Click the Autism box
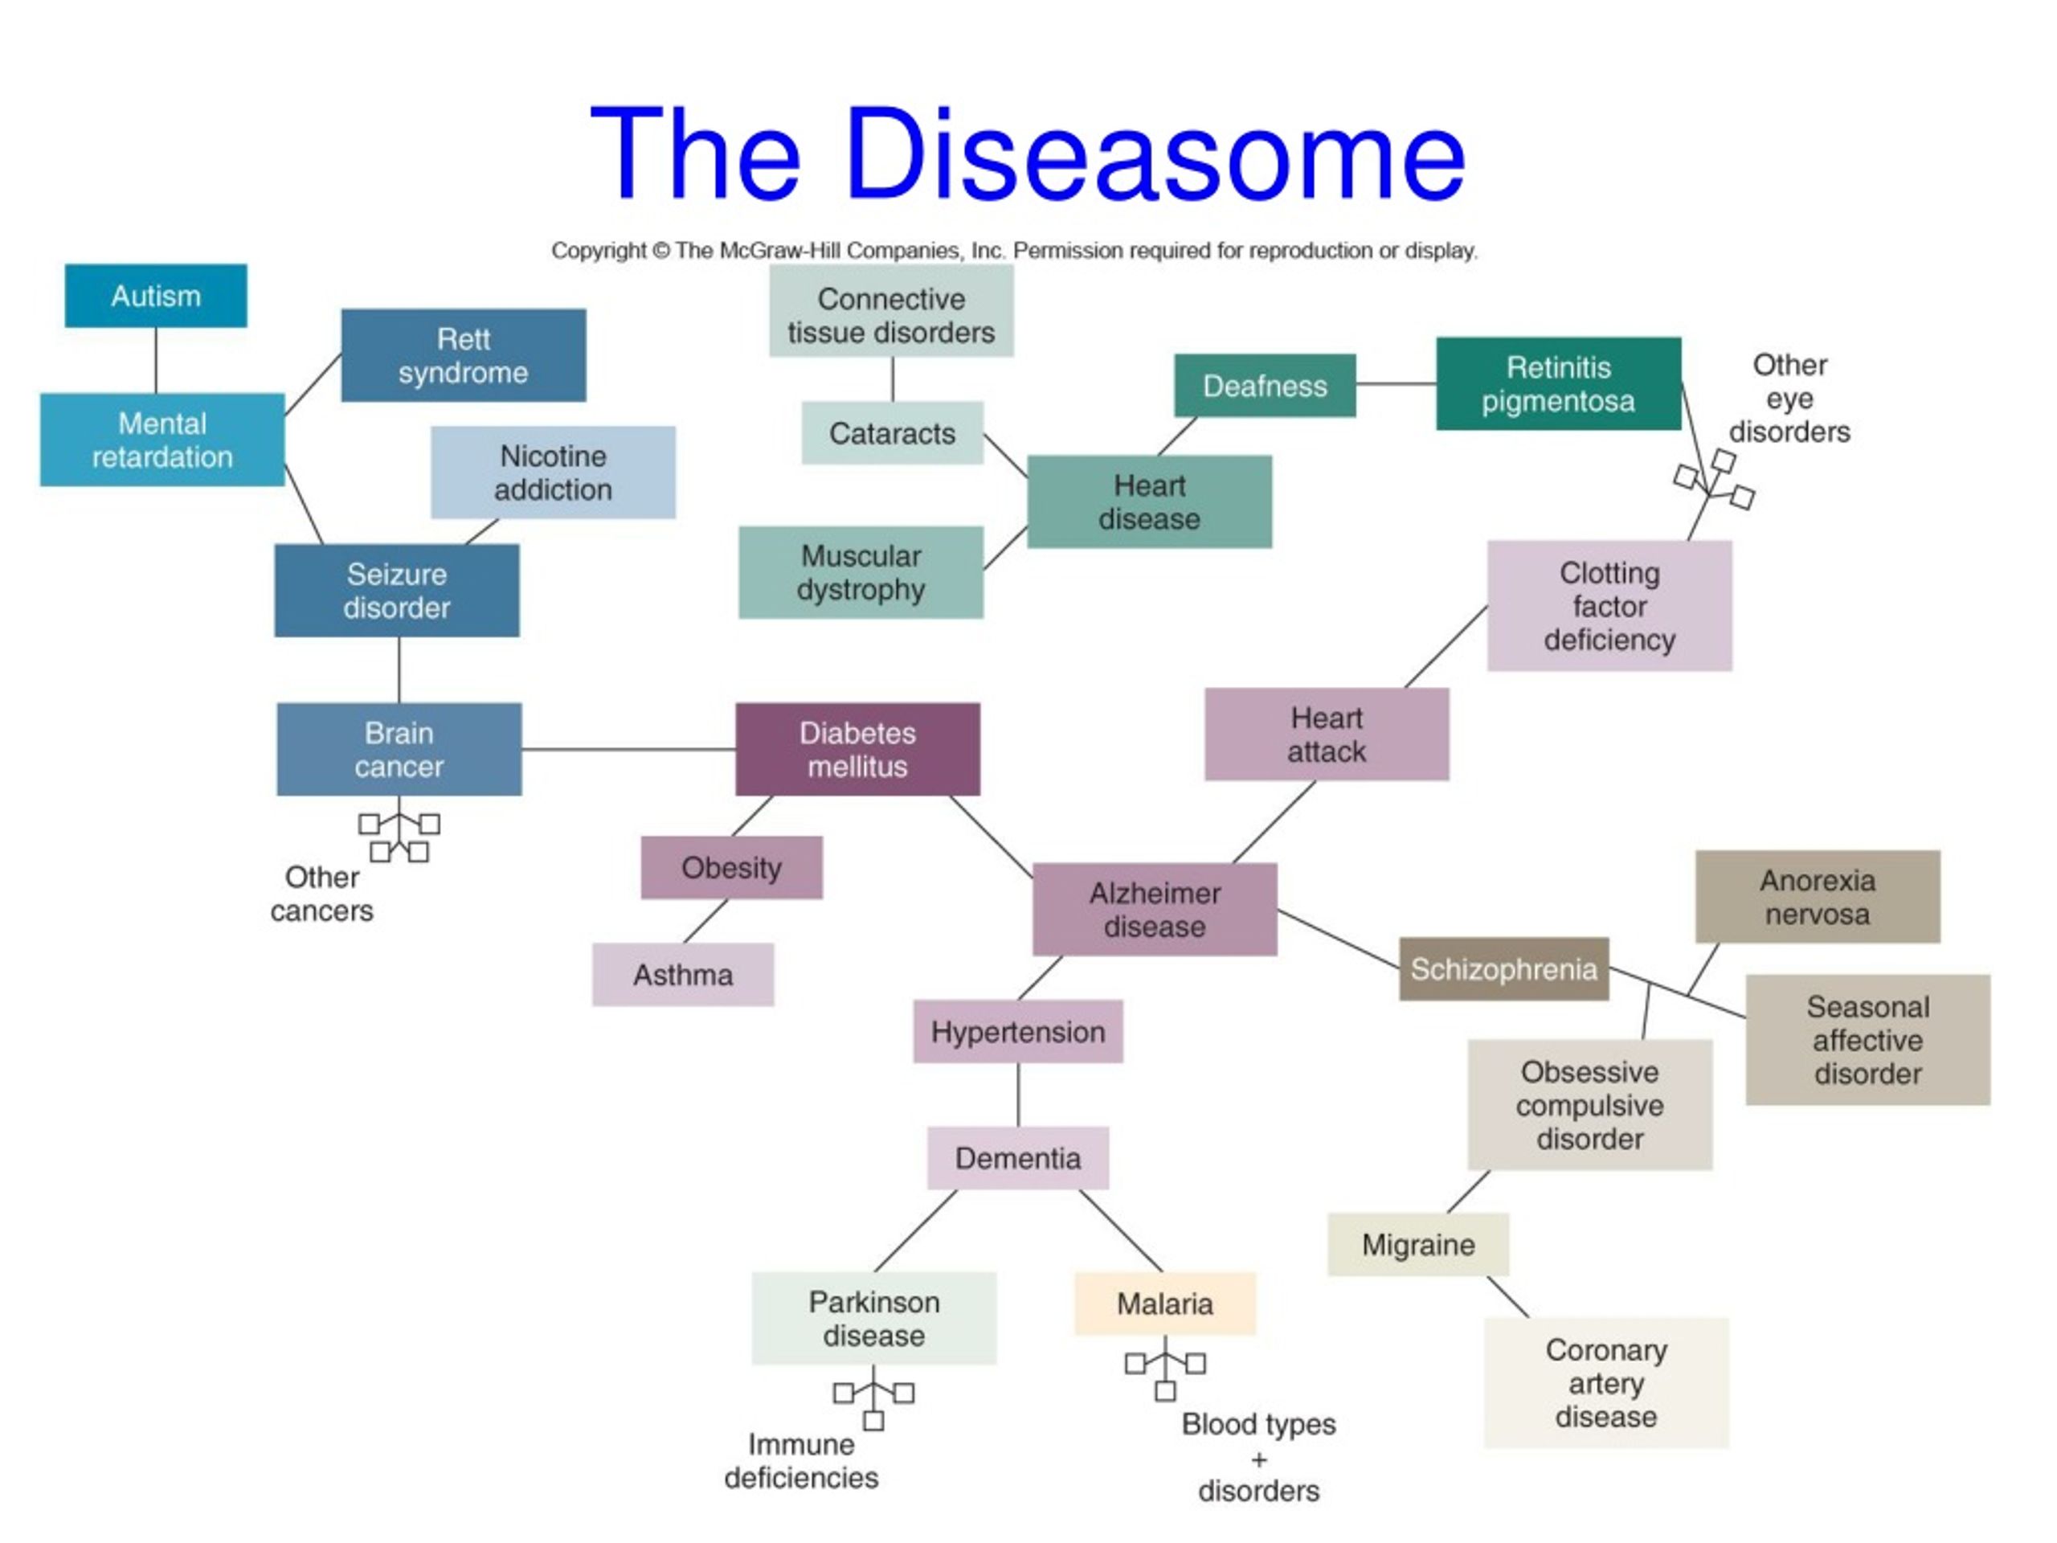pos(156,296)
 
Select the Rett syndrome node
pos(463,355)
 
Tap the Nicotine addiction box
pos(554,473)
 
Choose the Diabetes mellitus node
pos(857,749)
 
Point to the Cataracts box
pos(893,432)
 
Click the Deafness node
pos(1265,385)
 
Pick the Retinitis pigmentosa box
pos(1559,383)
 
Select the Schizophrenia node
pos(1503,969)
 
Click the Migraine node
pos(1418,1243)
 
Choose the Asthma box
pos(682,975)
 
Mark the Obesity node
pos(732,867)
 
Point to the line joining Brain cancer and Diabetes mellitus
pos(628,749)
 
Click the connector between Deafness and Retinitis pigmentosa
pos(1396,383)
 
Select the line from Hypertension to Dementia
pos(1018,1095)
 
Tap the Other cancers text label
pos(321,894)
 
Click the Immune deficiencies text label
pos(802,1461)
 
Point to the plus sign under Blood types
pos(1259,1459)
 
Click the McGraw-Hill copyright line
pos(1015,250)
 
